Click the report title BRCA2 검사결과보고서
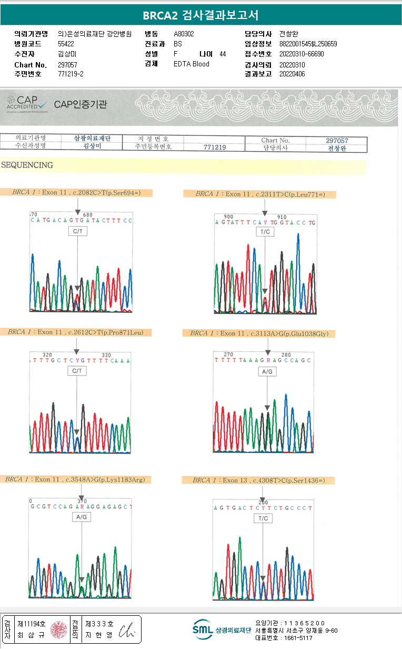click(201, 15)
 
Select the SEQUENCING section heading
click(27, 165)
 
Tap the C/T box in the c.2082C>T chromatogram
click(77, 231)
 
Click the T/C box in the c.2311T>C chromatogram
click(264, 232)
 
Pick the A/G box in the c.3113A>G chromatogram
click(267, 372)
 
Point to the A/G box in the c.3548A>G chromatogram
click(82, 517)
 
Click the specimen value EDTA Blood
click(191, 64)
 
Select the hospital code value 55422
click(66, 44)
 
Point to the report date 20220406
click(292, 74)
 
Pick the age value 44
click(223, 54)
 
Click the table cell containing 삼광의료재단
click(93, 138)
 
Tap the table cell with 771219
click(214, 147)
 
